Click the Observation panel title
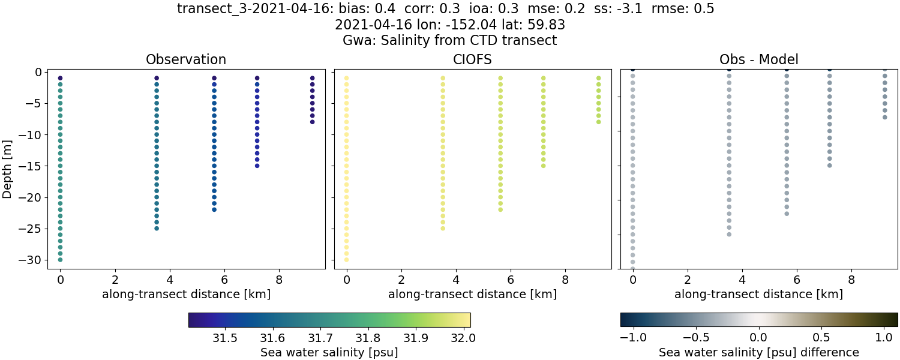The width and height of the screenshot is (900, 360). click(x=186, y=60)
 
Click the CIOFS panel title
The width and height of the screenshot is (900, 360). click(x=472, y=60)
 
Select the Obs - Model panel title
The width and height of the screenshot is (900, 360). click(x=758, y=60)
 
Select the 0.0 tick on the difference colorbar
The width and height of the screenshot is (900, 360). click(x=759, y=338)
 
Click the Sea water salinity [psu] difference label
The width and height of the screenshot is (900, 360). click(x=758, y=352)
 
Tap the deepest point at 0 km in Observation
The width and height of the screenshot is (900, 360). click(x=60, y=260)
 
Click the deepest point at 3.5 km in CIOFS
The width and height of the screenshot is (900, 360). click(x=443, y=228)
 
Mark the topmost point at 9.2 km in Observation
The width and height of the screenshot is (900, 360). click(x=312, y=78)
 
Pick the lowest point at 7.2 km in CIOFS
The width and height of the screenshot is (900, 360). click(x=544, y=165)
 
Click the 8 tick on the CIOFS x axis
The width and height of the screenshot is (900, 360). click(x=565, y=280)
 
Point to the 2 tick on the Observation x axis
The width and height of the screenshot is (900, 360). click(x=115, y=280)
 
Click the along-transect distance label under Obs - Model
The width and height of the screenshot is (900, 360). click(x=758, y=294)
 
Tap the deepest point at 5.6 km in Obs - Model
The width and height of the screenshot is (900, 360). click(x=787, y=213)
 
